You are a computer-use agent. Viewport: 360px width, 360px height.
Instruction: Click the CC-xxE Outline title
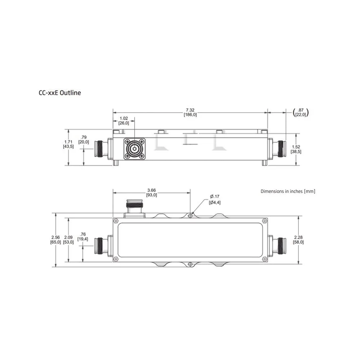60,93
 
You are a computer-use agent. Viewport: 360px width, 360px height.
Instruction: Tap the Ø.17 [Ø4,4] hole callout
215,199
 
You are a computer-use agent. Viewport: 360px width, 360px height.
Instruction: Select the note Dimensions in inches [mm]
288,191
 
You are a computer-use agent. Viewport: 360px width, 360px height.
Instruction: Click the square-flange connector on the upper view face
135,149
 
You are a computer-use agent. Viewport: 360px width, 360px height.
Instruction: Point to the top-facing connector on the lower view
134,208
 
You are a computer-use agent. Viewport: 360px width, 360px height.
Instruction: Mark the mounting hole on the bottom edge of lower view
190,264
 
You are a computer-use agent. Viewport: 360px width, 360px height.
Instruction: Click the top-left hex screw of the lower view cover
116,221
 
